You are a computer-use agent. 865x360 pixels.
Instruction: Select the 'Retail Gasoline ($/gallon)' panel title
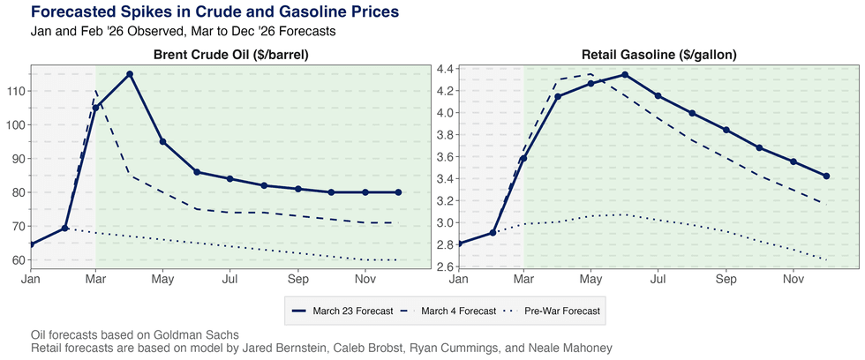point(646,55)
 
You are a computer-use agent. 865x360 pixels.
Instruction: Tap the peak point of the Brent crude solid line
point(130,74)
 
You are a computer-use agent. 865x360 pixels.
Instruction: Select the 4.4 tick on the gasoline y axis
point(444,69)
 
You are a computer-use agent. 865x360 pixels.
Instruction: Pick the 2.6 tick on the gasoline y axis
point(444,266)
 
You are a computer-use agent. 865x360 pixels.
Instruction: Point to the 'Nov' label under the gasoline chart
point(793,280)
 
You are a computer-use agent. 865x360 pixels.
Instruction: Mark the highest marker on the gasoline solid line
point(625,75)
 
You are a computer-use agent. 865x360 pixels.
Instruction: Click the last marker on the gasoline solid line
point(826,176)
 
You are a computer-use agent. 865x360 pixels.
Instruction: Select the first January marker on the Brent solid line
point(32,244)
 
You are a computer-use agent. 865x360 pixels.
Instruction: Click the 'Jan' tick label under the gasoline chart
point(459,280)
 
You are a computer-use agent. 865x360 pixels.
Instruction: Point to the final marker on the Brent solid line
point(398,192)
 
